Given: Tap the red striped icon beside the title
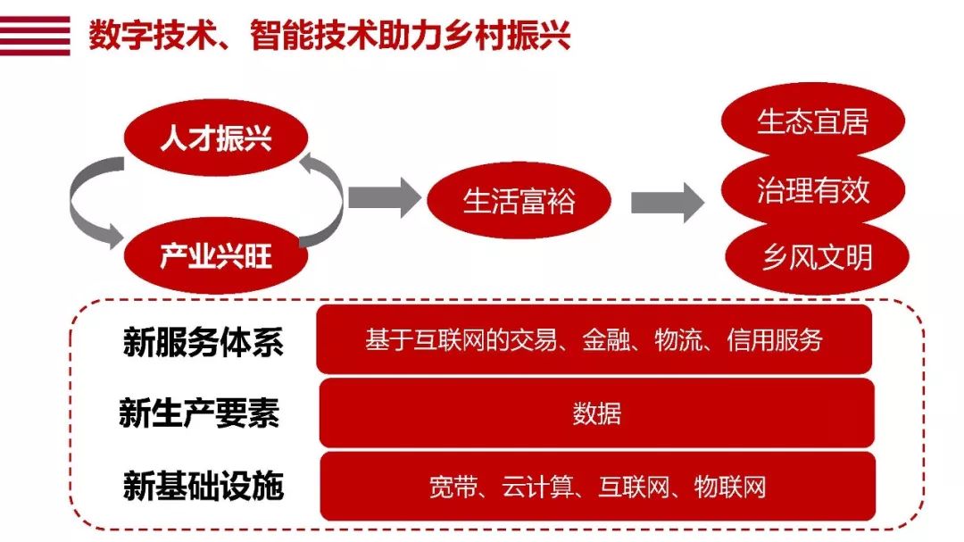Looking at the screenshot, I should tap(35, 37).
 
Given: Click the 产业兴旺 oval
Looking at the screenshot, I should tap(215, 258).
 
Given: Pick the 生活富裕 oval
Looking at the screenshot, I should tap(519, 200).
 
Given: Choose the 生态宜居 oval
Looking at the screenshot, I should tap(812, 121).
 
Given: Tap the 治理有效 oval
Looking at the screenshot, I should tap(812, 190).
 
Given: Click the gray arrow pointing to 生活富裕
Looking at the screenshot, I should tap(383, 197).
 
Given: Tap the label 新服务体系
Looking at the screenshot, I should tap(203, 343).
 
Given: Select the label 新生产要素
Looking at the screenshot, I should tap(199, 413).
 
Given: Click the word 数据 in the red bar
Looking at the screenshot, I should tap(596, 414).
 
